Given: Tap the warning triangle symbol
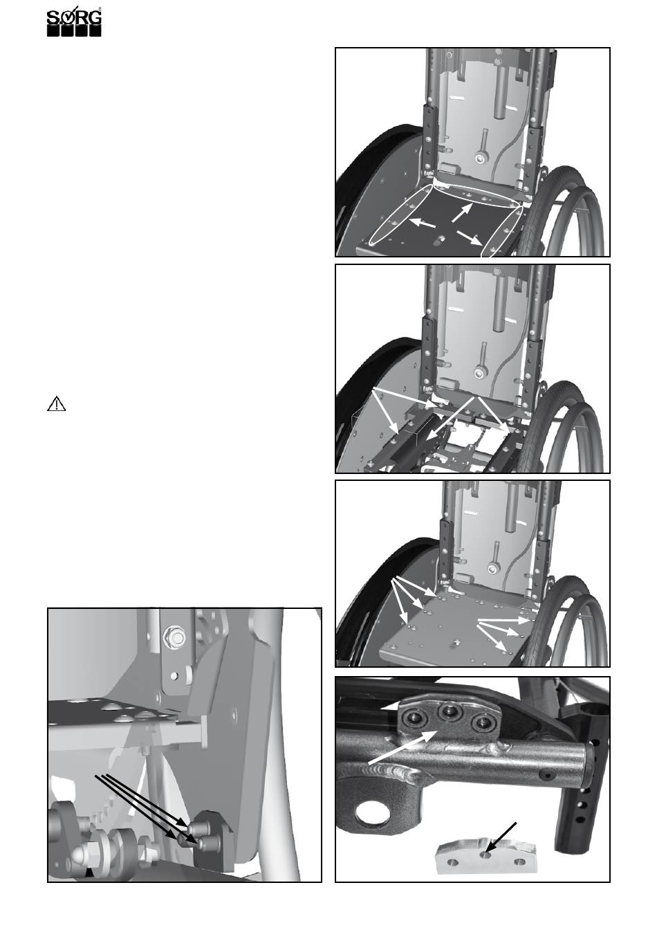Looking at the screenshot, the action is tap(57, 404).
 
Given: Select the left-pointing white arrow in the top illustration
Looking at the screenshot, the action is tap(422, 223).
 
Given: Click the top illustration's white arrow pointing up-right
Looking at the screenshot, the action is tap(462, 212).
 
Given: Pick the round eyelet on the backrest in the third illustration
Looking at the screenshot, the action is tap(494, 567).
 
